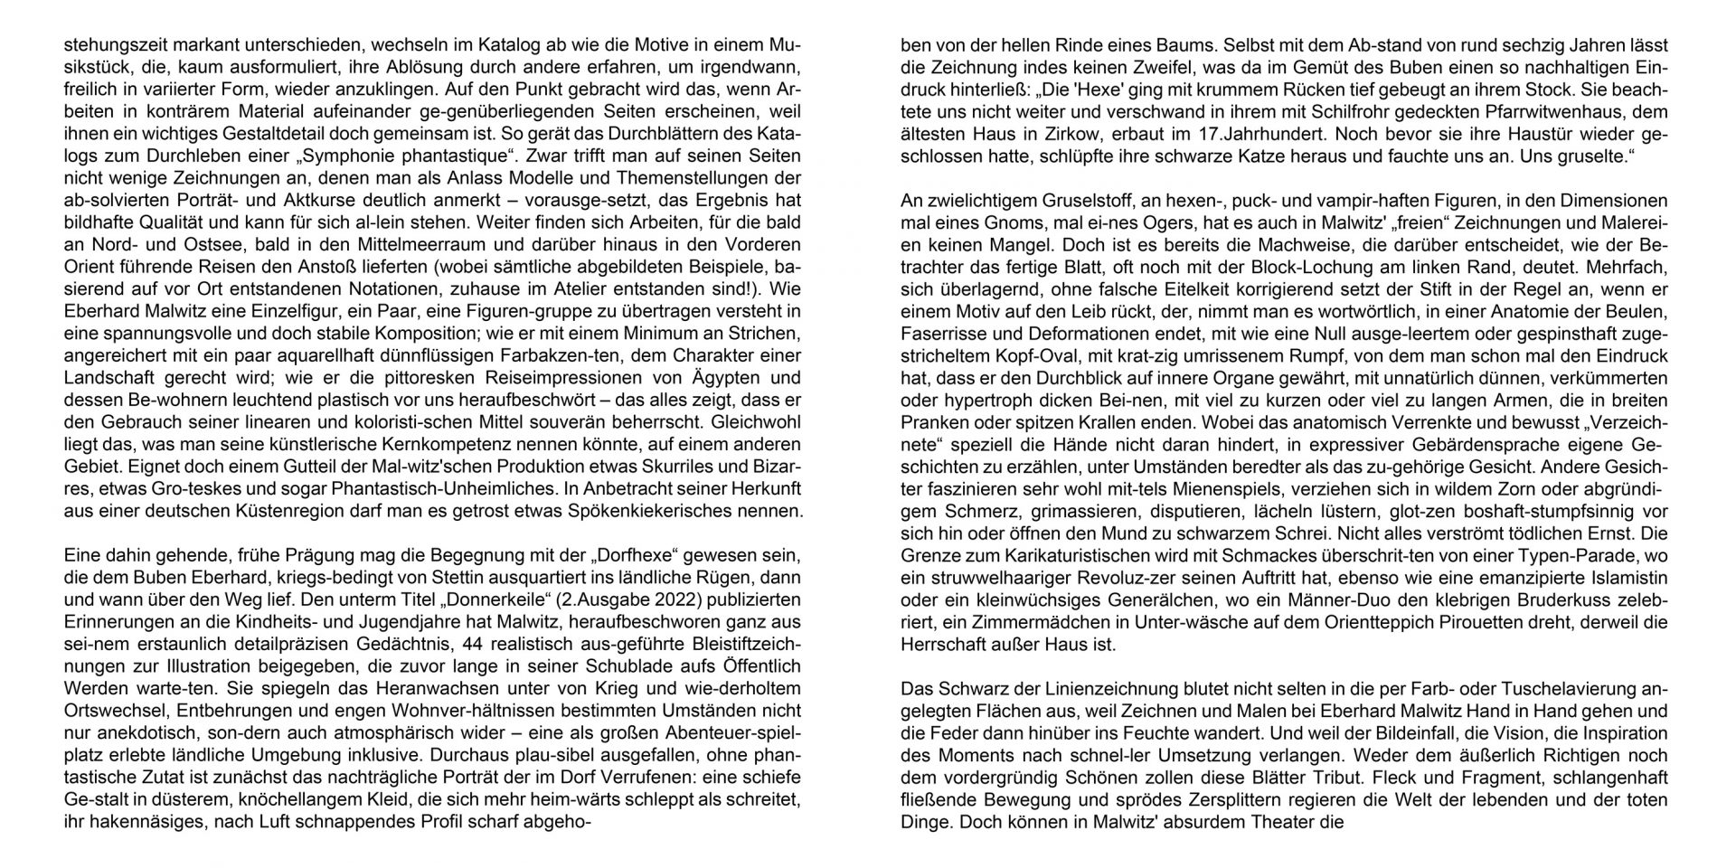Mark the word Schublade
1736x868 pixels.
coord(571,665)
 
